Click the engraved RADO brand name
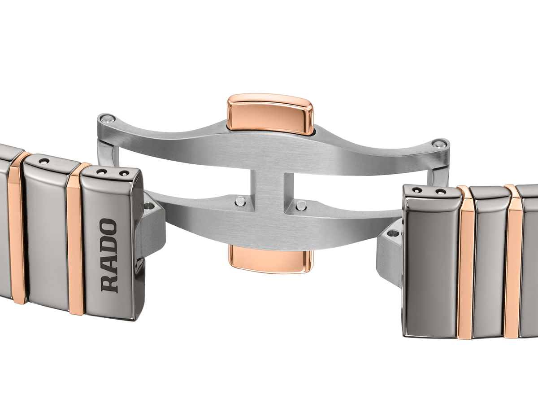pyautogui.click(x=108, y=255)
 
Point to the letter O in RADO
pyautogui.click(x=108, y=226)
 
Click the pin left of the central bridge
pyautogui.click(x=239, y=202)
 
